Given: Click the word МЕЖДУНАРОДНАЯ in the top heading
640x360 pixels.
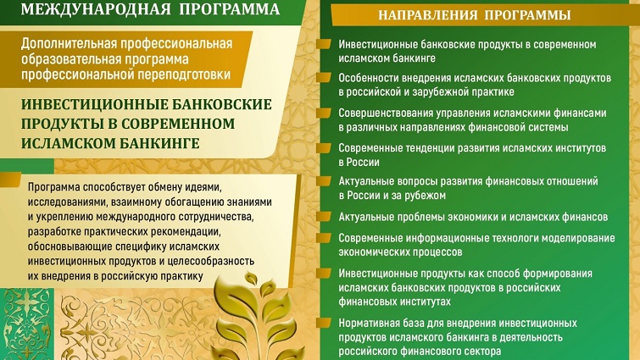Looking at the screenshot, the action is tap(96, 9).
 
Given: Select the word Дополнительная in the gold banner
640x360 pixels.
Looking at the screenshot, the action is tap(69, 43).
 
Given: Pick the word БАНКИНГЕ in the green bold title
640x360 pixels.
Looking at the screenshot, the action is tap(159, 143).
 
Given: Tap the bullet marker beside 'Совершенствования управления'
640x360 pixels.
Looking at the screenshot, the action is tap(323, 112).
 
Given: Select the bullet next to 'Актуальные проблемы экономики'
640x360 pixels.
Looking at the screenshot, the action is tap(323, 216).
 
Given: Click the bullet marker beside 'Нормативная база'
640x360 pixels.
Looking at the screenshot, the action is tap(323, 323).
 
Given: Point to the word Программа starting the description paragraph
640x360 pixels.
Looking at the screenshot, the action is tap(54, 187).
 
